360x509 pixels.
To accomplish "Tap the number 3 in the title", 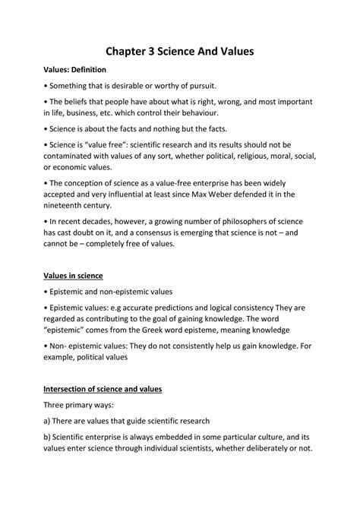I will click(x=159, y=52).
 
